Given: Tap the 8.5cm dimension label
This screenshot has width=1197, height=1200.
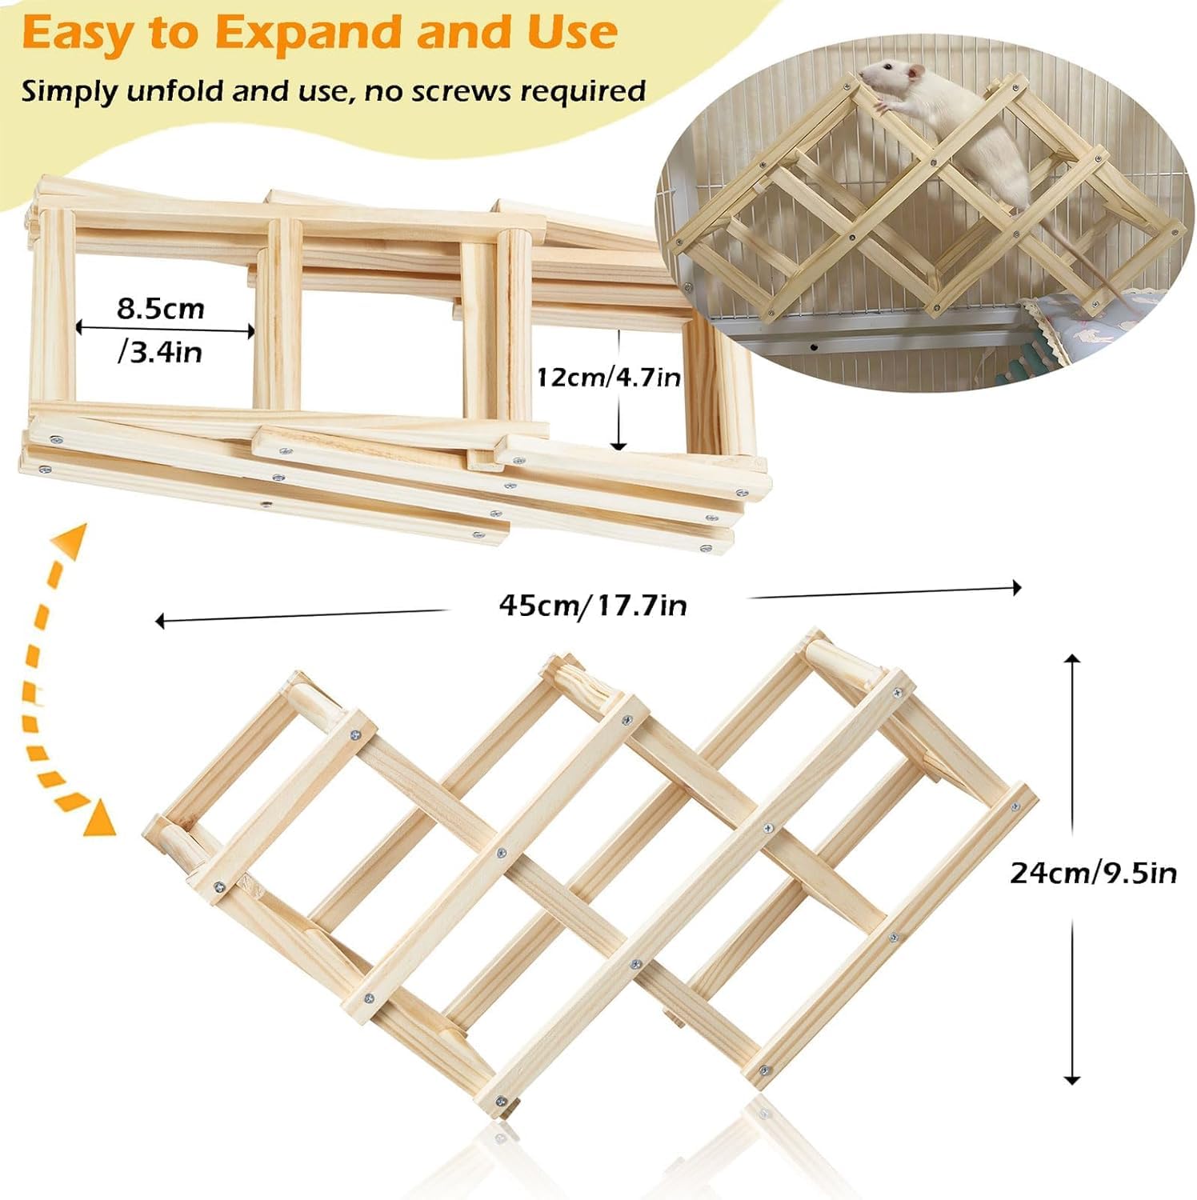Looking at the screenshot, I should (161, 309).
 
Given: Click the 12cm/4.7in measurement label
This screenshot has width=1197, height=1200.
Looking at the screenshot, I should (608, 376).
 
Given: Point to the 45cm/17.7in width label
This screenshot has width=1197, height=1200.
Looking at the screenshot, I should (593, 605).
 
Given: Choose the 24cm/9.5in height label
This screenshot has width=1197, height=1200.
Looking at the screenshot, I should (1093, 872).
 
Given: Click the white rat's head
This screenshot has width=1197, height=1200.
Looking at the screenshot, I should (884, 81).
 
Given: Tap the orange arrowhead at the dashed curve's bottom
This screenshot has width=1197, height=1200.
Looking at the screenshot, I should (102, 818).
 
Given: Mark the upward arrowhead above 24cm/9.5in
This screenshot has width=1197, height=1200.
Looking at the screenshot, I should (1072, 658).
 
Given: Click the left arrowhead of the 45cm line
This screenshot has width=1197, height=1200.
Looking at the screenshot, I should (160, 621).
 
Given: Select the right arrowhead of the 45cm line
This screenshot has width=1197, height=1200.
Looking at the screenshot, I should (1017, 588).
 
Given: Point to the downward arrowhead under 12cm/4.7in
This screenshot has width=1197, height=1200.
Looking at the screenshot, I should (619, 445).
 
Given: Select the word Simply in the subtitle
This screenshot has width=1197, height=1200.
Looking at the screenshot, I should (70, 92).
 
